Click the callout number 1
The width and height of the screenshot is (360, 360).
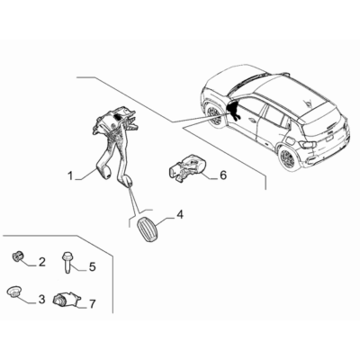click(70, 175)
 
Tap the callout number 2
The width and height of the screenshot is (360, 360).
click(41, 262)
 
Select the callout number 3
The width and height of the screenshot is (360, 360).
click(41, 299)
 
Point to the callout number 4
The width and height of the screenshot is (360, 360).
click(180, 214)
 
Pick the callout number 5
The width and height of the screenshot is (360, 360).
click(92, 266)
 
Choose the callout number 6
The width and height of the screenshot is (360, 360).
click(223, 175)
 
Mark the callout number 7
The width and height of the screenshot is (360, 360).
click(92, 304)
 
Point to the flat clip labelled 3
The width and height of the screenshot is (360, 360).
click(13, 292)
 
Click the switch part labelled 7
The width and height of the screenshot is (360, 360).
click(65, 299)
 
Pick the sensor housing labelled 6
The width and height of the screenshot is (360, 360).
click(186, 167)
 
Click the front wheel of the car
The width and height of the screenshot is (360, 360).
click(213, 114)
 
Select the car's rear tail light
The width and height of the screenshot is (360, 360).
click(309, 145)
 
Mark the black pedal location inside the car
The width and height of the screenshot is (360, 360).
click(233, 110)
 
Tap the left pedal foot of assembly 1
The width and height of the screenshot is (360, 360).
click(106, 173)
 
